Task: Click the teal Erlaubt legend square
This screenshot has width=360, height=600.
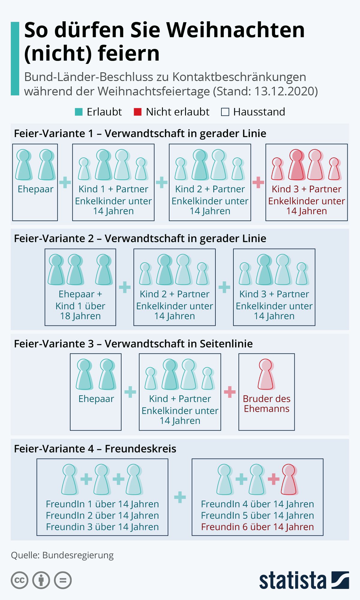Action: [x=79, y=112]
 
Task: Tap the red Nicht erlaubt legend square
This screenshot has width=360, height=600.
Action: [x=137, y=112]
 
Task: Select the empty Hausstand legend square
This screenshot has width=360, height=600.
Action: [x=225, y=112]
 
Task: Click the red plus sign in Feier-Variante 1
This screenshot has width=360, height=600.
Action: [x=258, y=182]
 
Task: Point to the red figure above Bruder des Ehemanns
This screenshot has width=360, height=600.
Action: [x=266, y=374]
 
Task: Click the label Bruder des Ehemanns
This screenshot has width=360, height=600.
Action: [x=267, y=403]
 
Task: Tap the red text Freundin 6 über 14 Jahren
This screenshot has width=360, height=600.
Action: [x=257, y=527]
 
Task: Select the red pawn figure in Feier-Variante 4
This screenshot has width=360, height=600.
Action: [x=289, y=479]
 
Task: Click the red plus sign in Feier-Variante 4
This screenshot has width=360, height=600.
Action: [x=273, y=479]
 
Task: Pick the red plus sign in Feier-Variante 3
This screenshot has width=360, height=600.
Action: [x=230, y=392]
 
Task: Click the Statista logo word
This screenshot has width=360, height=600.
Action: [x=292, y=580]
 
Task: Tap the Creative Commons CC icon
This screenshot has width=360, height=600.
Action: [x=19, y=580]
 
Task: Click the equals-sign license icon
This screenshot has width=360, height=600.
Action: [x=63, y=580]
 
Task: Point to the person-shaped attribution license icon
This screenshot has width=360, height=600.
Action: [x=41, y=580]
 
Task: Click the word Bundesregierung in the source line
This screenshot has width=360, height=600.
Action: [x=78, y=555]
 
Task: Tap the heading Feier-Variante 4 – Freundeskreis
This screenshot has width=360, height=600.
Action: [x=95, y=448]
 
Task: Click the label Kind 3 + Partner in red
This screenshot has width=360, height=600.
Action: [x=306, y=189]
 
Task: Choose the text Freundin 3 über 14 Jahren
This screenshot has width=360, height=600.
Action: [x=102, y=527]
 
